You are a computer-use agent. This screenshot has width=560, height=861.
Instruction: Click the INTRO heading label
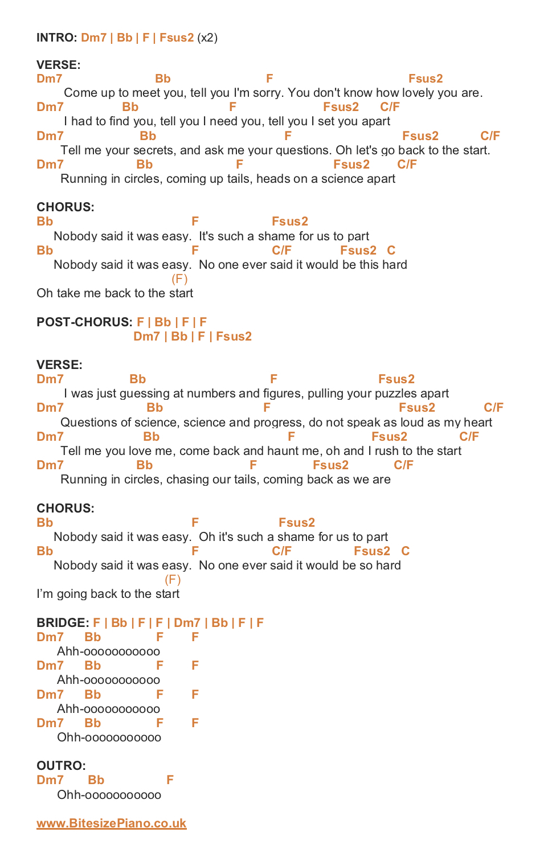(x=56, y=38)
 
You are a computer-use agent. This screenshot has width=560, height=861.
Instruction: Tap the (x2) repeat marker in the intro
(x=207, y=38)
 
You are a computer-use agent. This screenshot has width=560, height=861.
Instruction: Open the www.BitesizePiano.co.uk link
(x=112, y=823)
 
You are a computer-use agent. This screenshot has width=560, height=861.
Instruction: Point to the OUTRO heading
(x=61, y=765)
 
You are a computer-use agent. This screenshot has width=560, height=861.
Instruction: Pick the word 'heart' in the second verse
(x=477, y=423)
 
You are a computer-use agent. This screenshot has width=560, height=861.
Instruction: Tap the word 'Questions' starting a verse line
(x=87, y=423)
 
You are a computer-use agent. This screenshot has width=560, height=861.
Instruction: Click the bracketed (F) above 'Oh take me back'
(x=179, y=279)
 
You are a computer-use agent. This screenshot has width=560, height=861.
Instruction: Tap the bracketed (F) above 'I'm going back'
(x=173, y=580)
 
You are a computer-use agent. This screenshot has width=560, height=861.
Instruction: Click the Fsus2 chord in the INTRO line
(x=177, y=38)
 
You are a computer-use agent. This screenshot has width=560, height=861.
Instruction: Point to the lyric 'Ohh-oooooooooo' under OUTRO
(x=109, y=794)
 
